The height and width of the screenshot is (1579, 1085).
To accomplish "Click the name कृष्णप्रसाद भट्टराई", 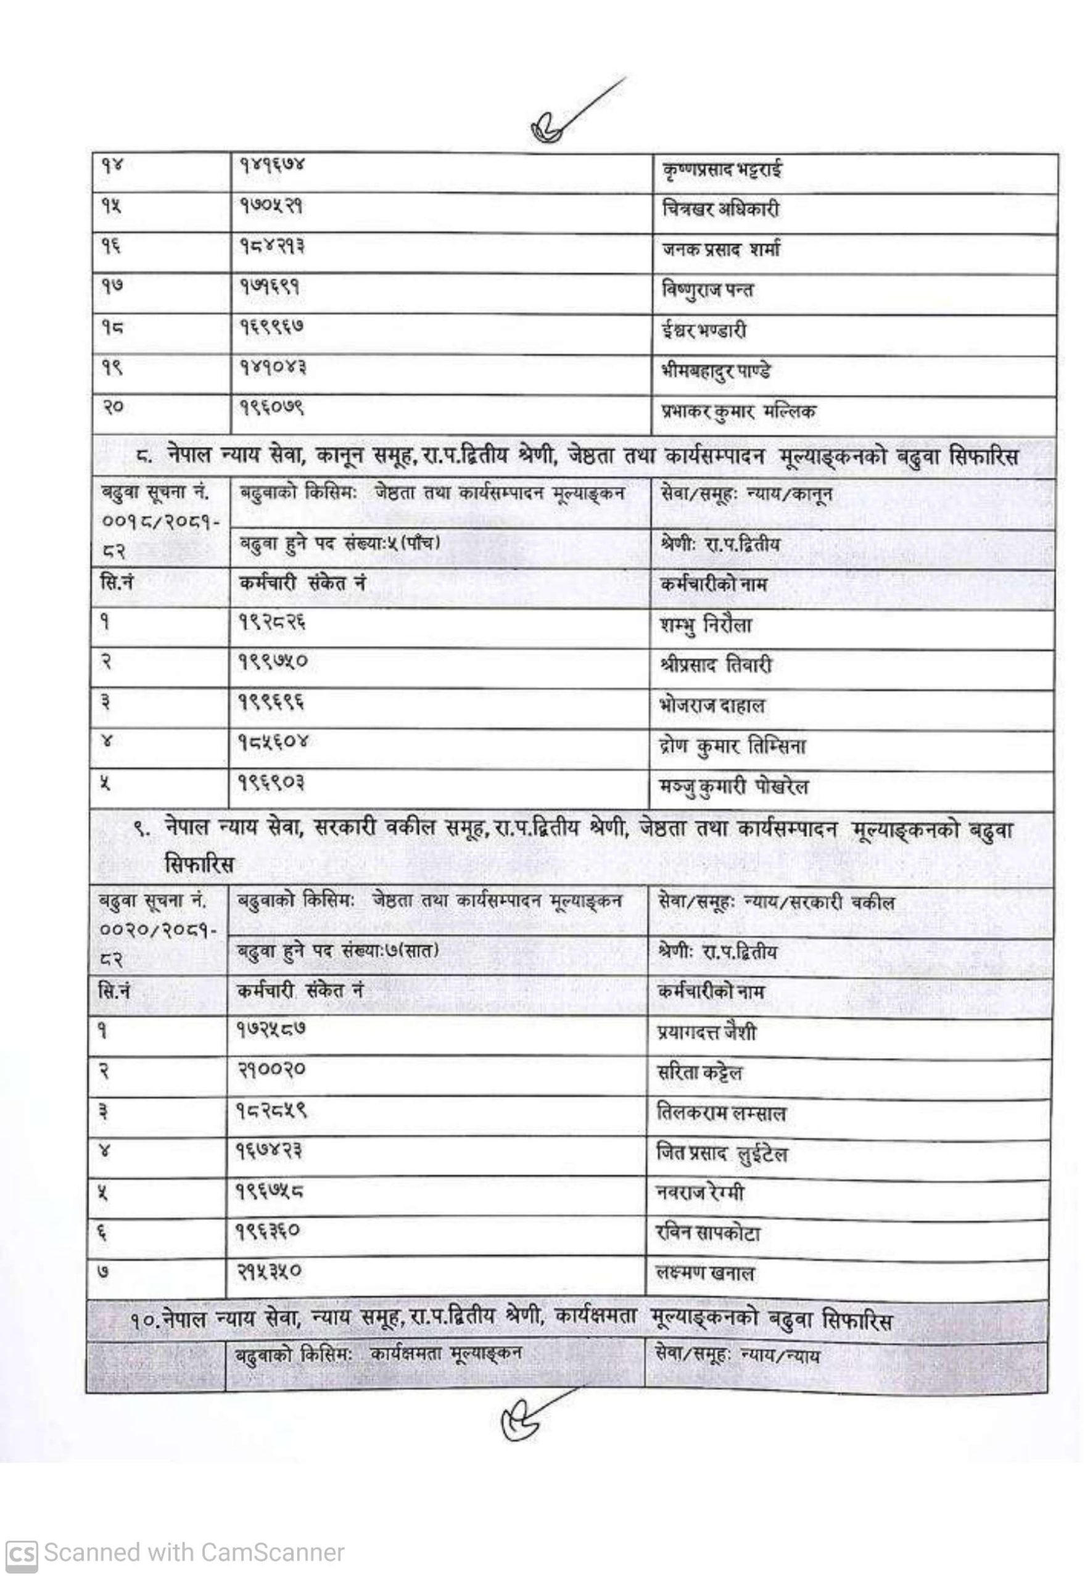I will click(x=721, y=169).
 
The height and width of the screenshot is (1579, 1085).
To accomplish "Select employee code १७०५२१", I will click(x=271, y=207).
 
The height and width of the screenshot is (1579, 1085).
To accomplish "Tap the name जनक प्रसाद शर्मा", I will click(x=720, y=249).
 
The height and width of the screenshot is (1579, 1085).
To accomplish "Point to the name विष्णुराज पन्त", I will click(x=708, y=291).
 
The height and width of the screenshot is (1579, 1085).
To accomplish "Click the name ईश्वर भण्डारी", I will click(x=704, y=331).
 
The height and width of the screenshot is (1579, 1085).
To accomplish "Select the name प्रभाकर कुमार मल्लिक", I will click(x=738, y=411).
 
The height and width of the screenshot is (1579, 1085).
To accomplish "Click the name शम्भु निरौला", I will click(x=705, y=625).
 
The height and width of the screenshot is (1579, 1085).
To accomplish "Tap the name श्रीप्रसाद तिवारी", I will click(x=716, y=665).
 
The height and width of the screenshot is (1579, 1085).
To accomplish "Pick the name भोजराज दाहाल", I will click(x=712, y=706).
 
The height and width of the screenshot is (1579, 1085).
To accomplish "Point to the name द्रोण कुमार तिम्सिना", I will click(x=732, y=746).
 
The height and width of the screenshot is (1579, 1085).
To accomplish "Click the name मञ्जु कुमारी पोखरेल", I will click(x=734, y=787).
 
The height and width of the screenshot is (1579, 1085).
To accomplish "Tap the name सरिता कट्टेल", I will click(x=699, y=1073).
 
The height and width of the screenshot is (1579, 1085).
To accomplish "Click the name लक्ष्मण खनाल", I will click(x=706, y=1273).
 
